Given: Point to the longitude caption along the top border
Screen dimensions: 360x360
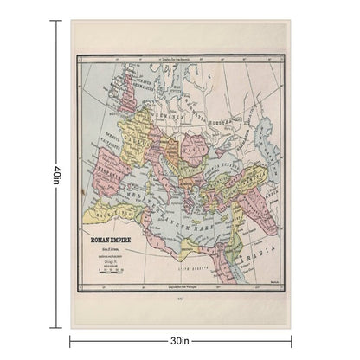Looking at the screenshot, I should pyautogui.click(x=180, y=60).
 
